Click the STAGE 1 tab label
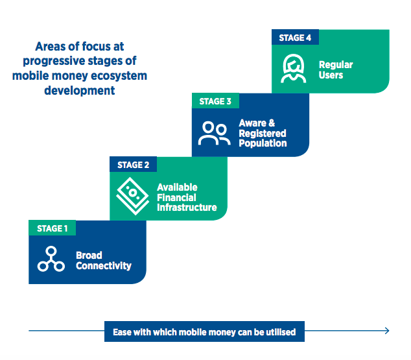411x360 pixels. (x=52, y=228)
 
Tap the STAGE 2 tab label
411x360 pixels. (x=133, y=165)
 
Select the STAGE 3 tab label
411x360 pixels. (x=215, y=101)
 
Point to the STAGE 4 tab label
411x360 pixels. (x=295, y=38)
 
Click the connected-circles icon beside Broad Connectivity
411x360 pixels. (x=51, y=259)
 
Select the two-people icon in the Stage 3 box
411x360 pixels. (x=214, y=132)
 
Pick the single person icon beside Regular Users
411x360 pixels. (x=294, y=69)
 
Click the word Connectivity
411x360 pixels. (x=104, y=265)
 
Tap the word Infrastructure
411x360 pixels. (x=187, y=208)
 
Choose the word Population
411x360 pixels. (x=263, y=143)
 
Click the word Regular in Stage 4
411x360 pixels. (x=336, y=65)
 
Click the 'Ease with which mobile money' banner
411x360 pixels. (x=204, y=331)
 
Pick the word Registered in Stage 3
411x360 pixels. (x=262, y=134)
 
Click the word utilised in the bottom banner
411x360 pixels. (x=280, y=331)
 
